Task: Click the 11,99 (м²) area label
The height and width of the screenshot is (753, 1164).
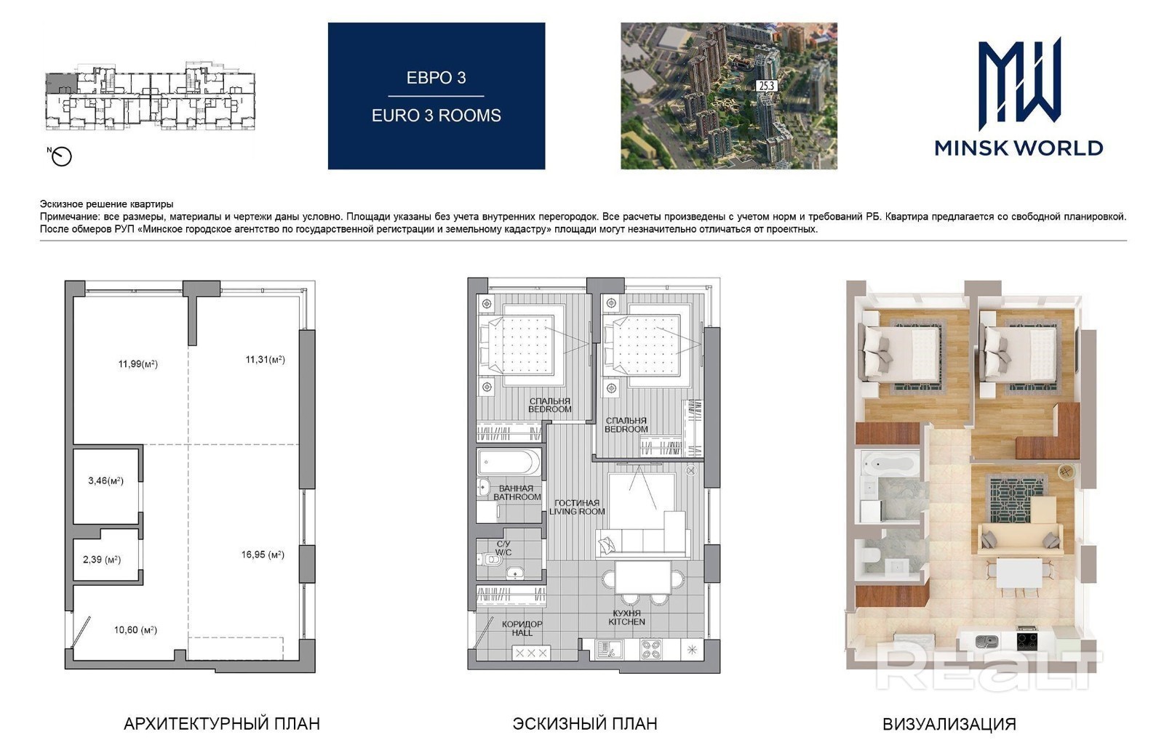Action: pos(137,364)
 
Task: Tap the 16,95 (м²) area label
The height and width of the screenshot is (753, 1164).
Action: pos(263,555)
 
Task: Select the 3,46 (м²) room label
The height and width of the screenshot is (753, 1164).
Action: pos(105,481)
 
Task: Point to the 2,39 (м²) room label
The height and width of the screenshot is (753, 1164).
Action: pos(102,560)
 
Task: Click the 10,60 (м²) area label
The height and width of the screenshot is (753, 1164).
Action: pos(135,630)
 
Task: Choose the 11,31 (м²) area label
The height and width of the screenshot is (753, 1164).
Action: pos(265,359)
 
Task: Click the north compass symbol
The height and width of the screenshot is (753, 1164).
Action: pos(60,156)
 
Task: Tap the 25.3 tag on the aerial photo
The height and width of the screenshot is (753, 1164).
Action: pos(767,86)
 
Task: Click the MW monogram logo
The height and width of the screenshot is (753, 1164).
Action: pos(1019,83)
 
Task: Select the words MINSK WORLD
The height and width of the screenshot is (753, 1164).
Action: pos(1018,148)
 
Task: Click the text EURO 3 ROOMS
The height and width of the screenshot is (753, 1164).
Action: pos(436,116)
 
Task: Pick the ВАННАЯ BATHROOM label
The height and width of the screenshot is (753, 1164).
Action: pos(517,492)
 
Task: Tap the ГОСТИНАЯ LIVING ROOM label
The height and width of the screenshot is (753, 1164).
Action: pos(577,507)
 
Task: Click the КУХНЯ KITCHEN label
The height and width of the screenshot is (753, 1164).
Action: pos(626,618)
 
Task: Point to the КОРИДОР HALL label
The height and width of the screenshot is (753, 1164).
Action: pos(522,629)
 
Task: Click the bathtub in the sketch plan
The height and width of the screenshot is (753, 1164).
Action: pos(509,462)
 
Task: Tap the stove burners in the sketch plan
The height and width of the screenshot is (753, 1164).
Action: pos(652,649)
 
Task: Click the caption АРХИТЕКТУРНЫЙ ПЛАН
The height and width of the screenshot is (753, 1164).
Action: pos(222,724)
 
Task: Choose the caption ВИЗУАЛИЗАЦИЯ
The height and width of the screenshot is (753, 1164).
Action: pos(949,725)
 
